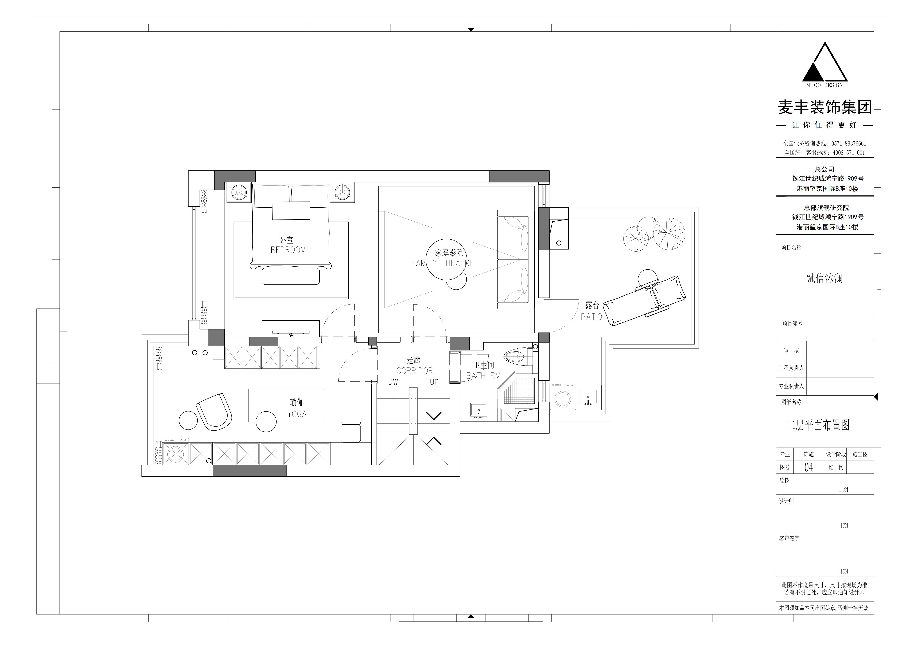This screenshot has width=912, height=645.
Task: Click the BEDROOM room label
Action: pyautogui.click(x=288, y=250)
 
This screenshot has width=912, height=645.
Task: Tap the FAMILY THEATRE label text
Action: pyautogui.click(x=442, y=263)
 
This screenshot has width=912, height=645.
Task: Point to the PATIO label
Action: pyautogui.click(x=592, y=317)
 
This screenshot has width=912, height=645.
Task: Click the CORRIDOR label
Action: pyautogui.click(x=414, y=371)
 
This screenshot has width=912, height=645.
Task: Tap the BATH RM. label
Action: pyautogui.click(x=484, y=376)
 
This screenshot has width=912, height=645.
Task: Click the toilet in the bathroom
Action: pyautogui.click(x=518, y=357)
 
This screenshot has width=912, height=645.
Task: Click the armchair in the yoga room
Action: pyautogui.click(x=214, y=412)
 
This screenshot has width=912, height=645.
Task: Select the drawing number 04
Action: pyautogui.click(x=809, y=467)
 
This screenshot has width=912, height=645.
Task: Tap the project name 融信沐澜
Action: pyautogui.click(x=824, y=278)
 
